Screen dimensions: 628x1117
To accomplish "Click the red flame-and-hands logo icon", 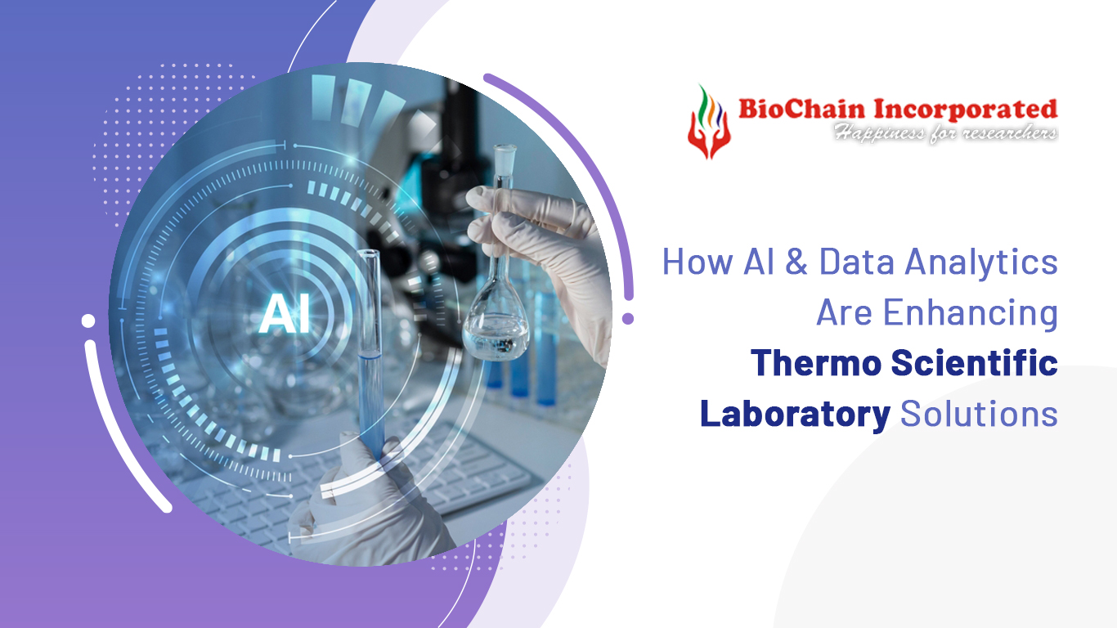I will pyautogui.click(x=708, y=121).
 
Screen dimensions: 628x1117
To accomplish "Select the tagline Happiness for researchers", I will pyautogui.click(x=945, y=132).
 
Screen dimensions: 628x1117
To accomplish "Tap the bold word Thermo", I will pyautogui.click(x=815, y=364).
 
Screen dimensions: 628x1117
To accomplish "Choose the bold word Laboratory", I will pyautogui.click(x=795, y=415).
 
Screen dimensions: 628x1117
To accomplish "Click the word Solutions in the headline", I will pyautogui.click(x=979, y=415).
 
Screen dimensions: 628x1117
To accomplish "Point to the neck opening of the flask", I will pyautogui.click(x=505, y=150).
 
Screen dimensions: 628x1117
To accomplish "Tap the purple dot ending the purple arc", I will pyautogui.click(x=628, y=319).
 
